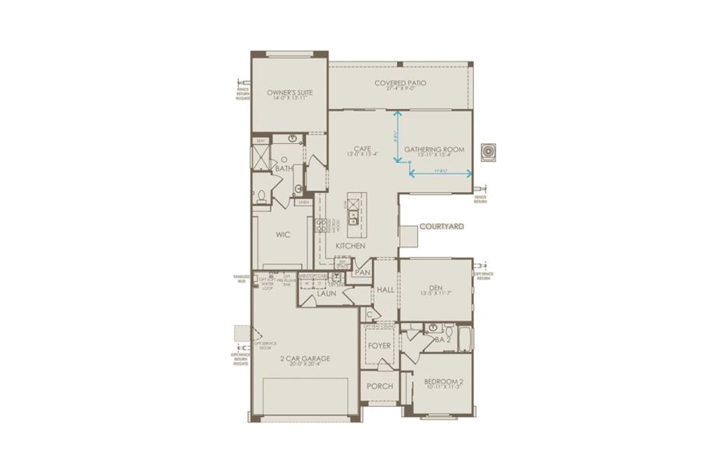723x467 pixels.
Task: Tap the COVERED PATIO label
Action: coord(400,83)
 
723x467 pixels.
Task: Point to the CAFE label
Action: coord(361,148)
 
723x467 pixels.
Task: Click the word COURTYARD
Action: coord(441,226)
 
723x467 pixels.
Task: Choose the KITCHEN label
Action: coord(350,246)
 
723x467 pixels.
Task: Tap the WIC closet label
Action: coord(283,233)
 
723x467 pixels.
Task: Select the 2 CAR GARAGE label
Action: coord(305,359)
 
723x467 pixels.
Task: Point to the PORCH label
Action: coord(380,386)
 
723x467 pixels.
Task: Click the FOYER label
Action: coord(379,344)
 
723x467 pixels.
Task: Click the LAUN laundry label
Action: coord(326,294)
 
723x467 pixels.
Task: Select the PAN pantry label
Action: coord(362,272)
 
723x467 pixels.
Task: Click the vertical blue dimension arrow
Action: coord(397,136)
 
